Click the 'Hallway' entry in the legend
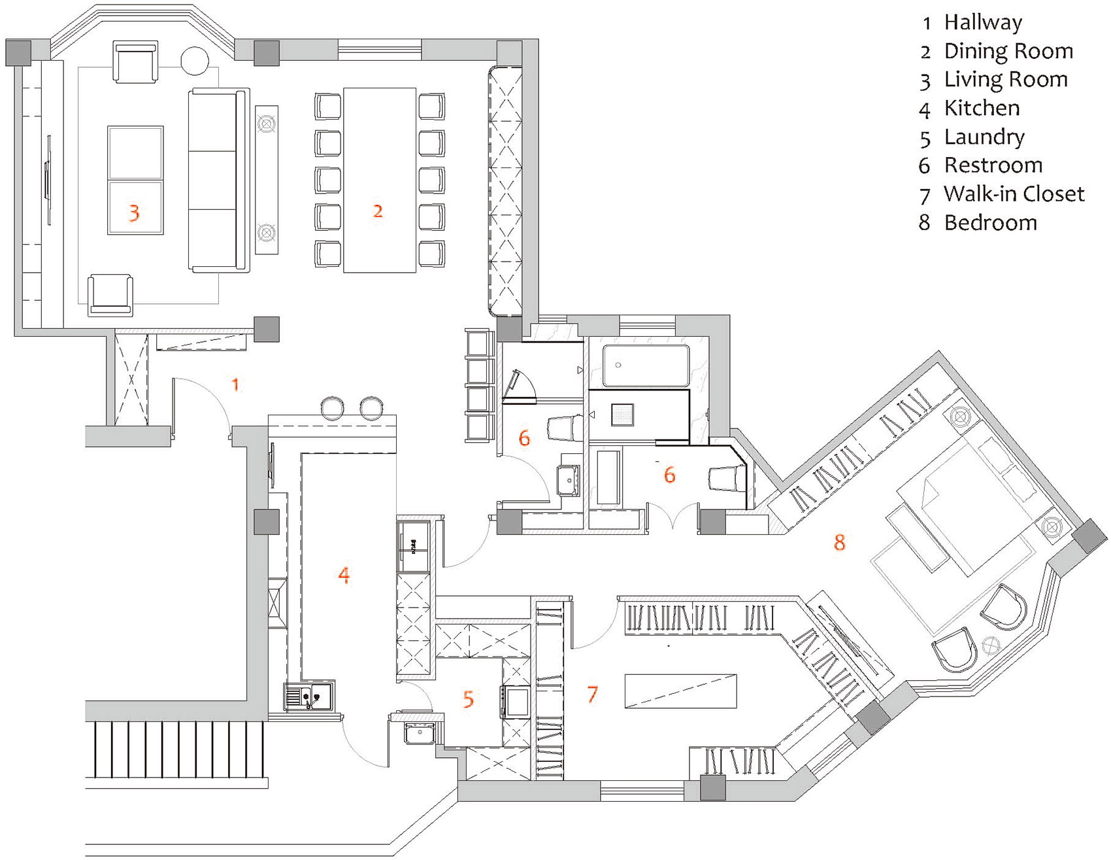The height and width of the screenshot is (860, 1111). (x=982, y=23)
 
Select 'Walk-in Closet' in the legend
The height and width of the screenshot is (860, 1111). (x=1013, y=194)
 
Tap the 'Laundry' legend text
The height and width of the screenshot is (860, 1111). (x=984, y=137)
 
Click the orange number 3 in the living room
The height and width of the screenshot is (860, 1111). (x=134, y=213)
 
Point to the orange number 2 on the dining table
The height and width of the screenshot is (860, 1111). (x=378, y=211)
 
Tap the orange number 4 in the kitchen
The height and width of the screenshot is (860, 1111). (x=344, y=576)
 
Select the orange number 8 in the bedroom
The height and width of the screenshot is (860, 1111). (x=840, y=542)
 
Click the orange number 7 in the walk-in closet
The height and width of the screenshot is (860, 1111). (x=592, y=694)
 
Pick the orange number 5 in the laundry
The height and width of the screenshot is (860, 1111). (x=468, y=700)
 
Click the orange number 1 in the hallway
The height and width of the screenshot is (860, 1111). (x=235, y=385)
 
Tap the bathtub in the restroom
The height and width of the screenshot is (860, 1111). (x=645, y=366)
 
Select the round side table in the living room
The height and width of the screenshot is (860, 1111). (x=194, y=61)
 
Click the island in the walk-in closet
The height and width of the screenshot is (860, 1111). (x=680, y=691)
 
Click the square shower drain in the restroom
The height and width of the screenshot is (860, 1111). (x=622, y=415)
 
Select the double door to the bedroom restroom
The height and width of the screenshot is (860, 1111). (x=672, y=517)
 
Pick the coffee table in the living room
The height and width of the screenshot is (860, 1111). (x=135, y=180)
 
